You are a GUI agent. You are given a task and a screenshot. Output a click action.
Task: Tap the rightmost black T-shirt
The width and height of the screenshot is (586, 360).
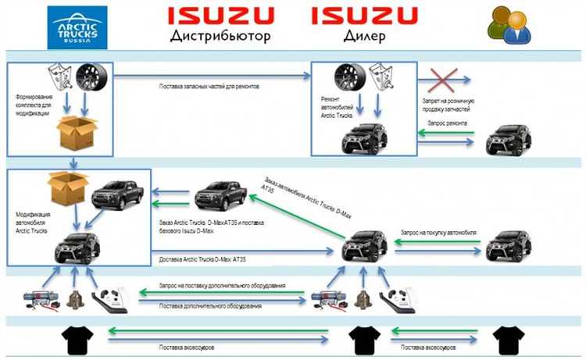point(507,339)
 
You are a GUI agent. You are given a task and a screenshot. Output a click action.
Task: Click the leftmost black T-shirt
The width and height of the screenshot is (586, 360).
point(78,339)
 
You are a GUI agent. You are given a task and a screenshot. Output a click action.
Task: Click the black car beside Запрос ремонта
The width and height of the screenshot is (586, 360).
point(509,138)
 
